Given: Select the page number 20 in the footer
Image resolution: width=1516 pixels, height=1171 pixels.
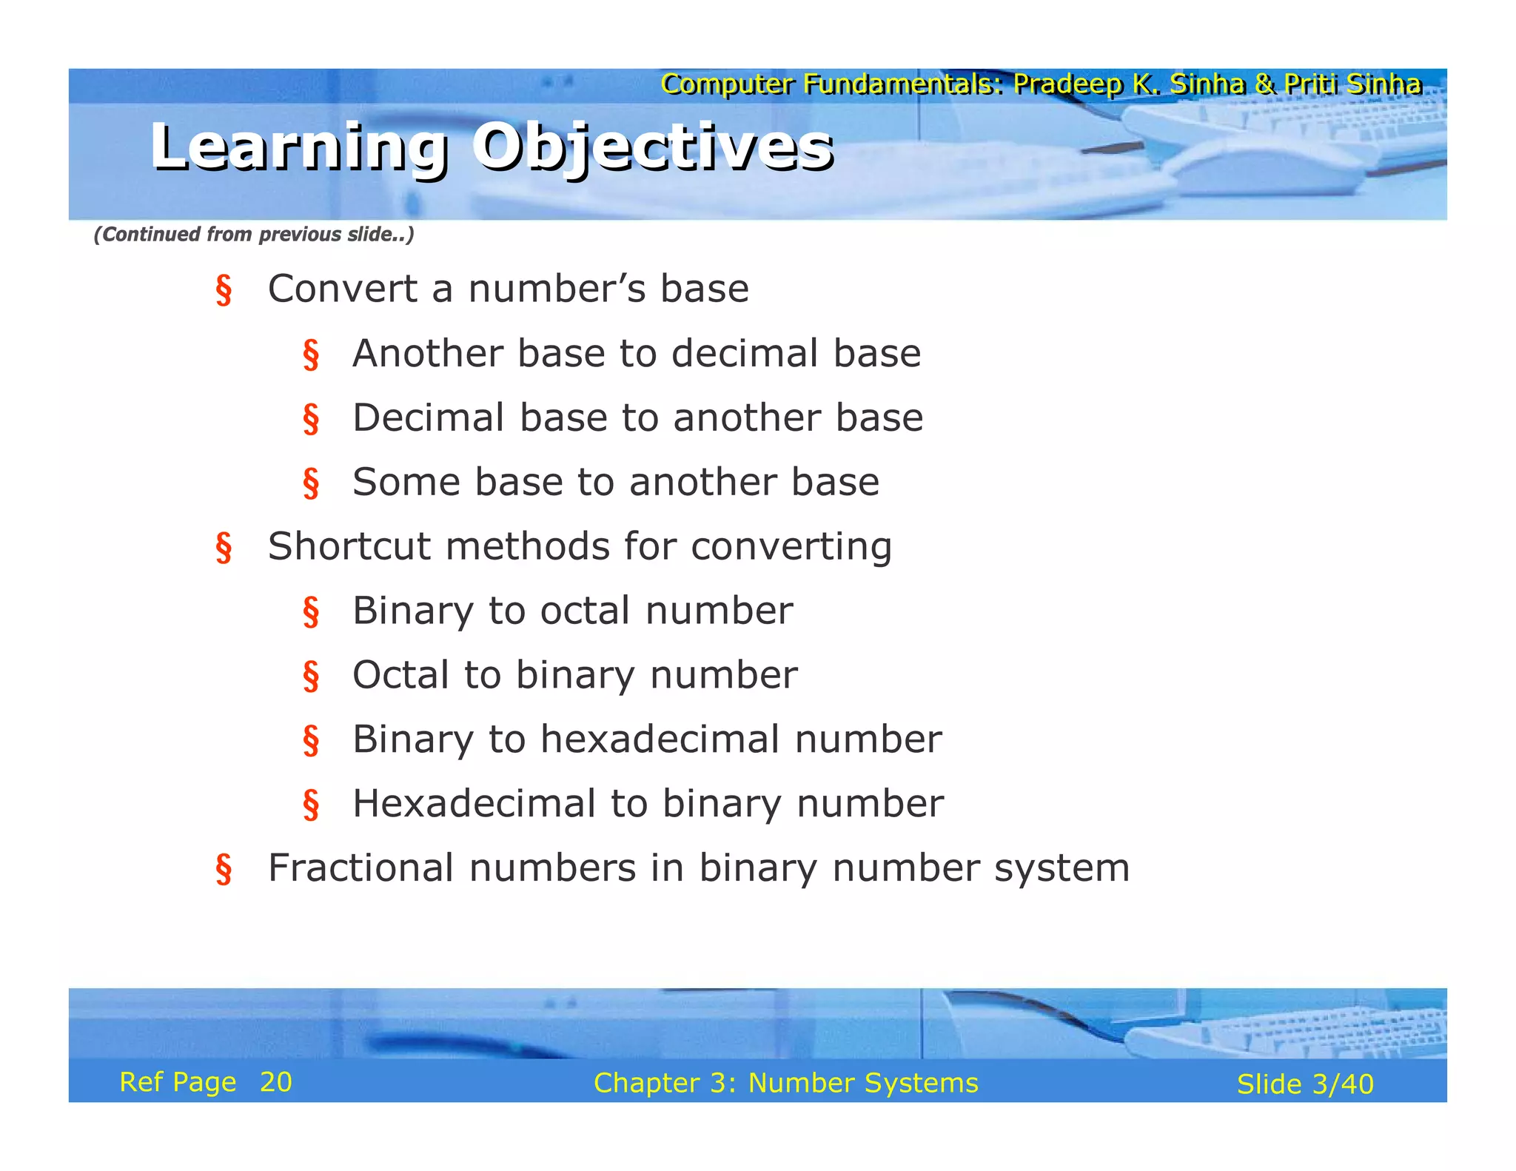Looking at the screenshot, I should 275,1082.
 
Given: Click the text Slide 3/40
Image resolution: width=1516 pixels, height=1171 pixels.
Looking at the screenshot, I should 1304,1084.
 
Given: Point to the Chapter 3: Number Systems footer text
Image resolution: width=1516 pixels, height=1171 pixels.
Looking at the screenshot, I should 785,1083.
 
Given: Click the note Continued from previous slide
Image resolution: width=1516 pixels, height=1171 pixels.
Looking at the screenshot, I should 253,235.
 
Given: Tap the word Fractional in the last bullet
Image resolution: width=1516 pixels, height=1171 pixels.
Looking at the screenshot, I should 360,868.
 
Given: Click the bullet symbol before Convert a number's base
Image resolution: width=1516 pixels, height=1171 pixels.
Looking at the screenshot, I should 224,289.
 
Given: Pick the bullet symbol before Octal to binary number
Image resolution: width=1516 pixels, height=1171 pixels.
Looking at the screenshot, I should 311,676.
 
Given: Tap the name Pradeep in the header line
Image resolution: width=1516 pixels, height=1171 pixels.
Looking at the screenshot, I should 1067,84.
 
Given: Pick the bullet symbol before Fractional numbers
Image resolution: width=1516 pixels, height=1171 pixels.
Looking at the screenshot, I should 224,869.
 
